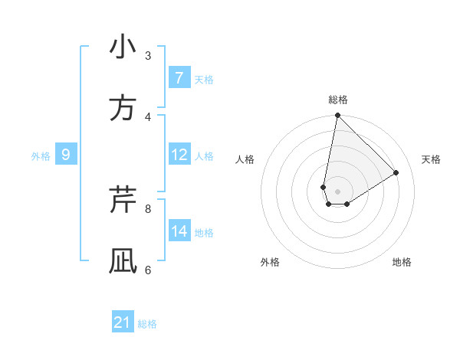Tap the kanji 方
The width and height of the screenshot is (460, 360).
pyautogui.click(x=123, y=109)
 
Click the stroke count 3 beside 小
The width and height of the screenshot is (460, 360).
pyautogui.click(x=148, y=55)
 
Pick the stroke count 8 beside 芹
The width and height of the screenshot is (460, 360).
pyautogui.click(x=148, y=208)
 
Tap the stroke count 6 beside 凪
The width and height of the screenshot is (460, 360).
pyautogui.click(x=148, y=270)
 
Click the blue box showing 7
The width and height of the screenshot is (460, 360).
pyautogui.click(x=179, y=78)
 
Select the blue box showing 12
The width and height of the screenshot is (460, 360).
pyautogui.click(x=179, y=155)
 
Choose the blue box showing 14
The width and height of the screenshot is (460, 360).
pyautogui.click(x=179, y=231)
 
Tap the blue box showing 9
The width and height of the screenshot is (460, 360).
pyautogui.click(x=66, y=155)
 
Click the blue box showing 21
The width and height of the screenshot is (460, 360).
pyautogui.click(x=123, y=322)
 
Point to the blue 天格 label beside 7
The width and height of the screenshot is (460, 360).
pyautogui.click(x=204, y=80)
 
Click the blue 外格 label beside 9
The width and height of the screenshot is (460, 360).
pyautogui.click(x=41, y=156)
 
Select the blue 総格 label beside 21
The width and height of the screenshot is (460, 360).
pyautogui.click(x=147, y=324)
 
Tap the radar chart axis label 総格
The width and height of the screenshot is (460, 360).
pyautogui.click(x=338, y=100)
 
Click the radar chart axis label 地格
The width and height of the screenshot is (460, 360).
pyautogui.click(x=402, y=262)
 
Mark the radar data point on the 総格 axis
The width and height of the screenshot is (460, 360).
pyautogui.click(x=337, y=116)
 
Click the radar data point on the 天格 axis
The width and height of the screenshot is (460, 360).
pyautogui.click(x=396, y=173)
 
